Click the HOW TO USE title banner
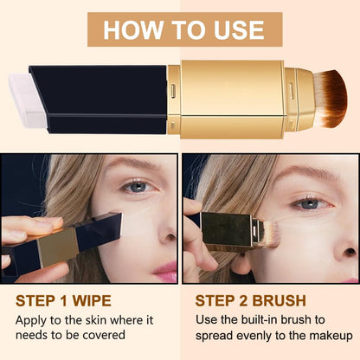pos(183,29)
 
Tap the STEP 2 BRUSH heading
pos(249,302)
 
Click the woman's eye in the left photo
pos(136,186)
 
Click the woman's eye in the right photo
pos(309,202)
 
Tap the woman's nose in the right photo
pos(342,234)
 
